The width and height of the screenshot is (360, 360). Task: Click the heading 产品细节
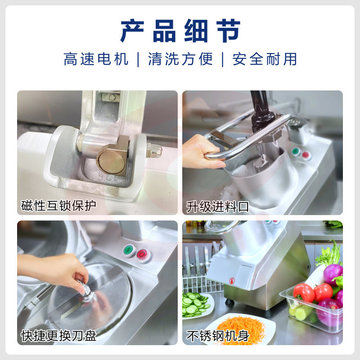pos(180,31)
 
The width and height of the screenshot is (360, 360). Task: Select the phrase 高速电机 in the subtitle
pos(96,60)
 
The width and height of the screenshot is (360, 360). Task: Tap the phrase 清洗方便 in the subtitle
pos(180,60)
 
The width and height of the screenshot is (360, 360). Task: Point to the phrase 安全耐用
pos(264,60)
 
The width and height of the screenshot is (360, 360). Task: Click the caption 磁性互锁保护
pos(58,206)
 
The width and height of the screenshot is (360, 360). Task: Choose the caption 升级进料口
pos(217,207)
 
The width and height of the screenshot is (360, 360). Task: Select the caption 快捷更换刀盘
pos(58,335)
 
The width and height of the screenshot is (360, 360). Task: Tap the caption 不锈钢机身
pos(217,336)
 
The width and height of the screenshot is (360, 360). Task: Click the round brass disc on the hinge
pos(110,161)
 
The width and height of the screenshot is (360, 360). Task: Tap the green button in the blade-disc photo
pos(129,250)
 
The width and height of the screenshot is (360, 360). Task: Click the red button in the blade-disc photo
pos(143,255)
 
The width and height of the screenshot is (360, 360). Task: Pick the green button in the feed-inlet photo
pos(295,151)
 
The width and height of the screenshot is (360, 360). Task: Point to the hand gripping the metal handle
pos(202,152)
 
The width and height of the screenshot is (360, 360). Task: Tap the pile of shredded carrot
pos(241,330)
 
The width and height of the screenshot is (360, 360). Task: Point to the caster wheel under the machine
pos(229,302)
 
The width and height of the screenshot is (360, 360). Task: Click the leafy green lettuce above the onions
pos(330,254)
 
